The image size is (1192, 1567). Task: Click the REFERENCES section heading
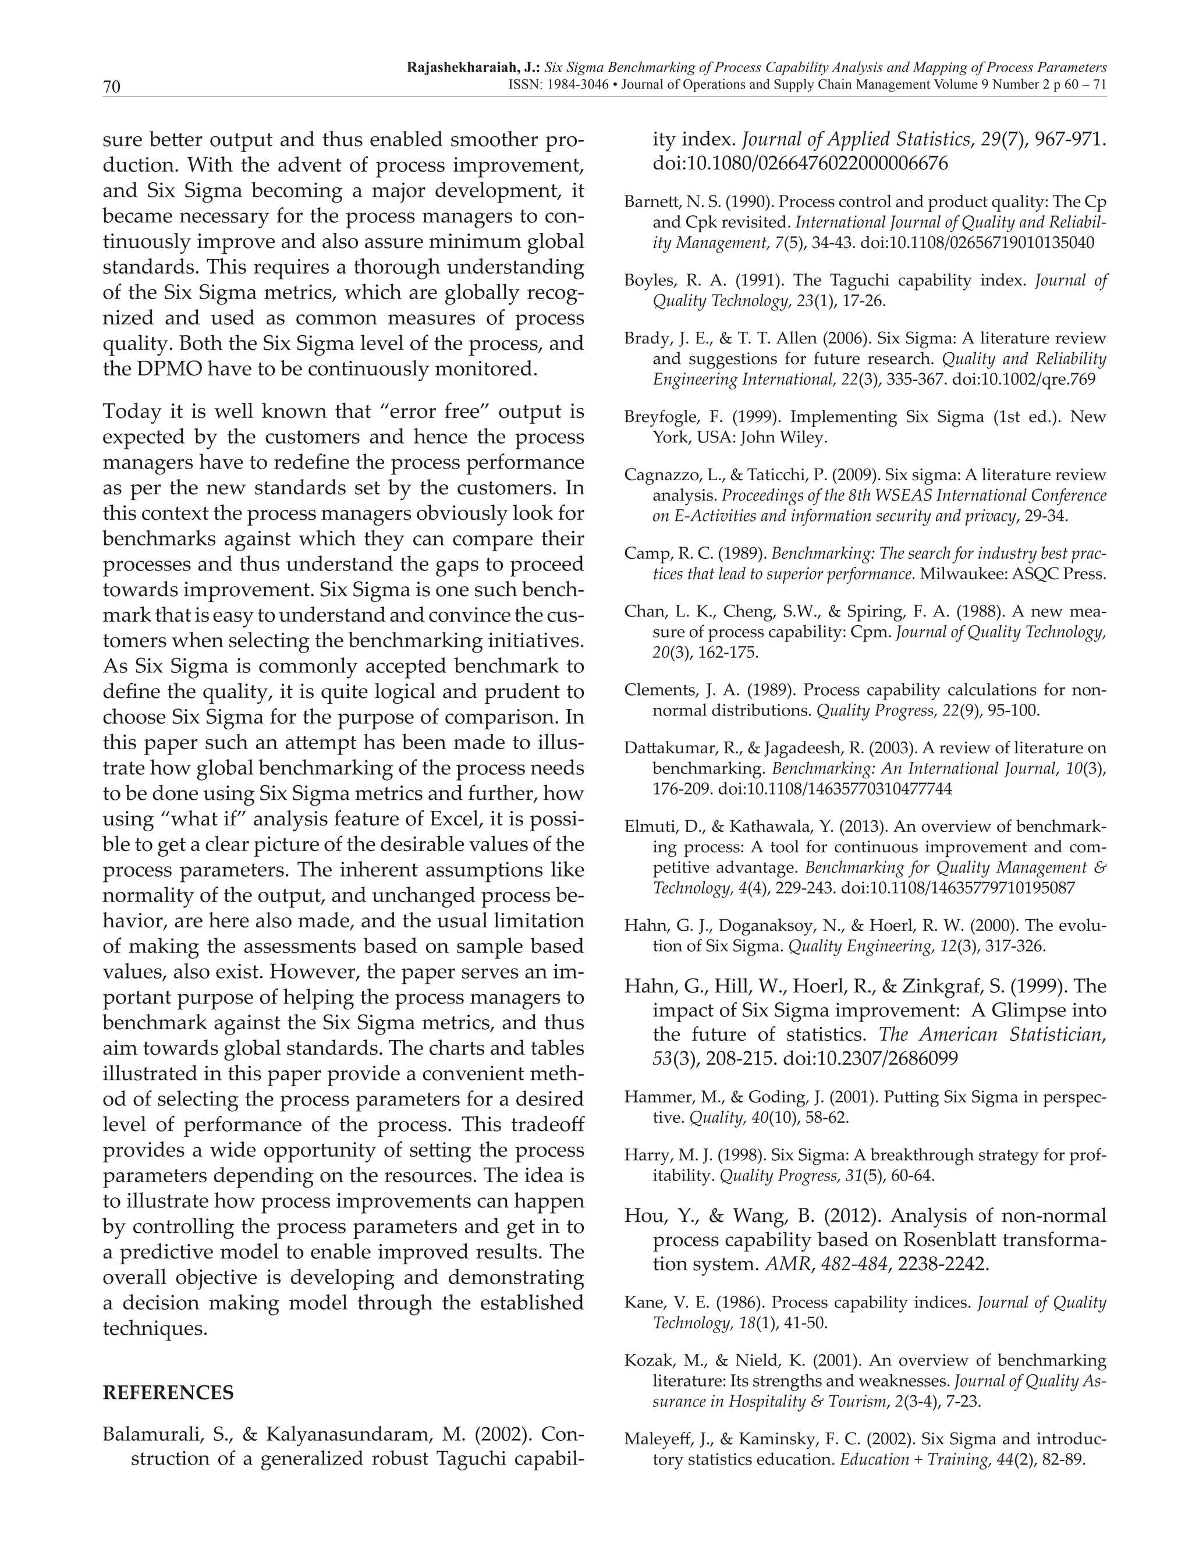(x=168, y=1392)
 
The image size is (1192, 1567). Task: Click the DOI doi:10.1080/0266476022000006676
(x=800, y=163)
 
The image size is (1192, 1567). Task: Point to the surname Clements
(x=651, y=690)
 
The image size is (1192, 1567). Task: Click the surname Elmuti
(x=647, y=827)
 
